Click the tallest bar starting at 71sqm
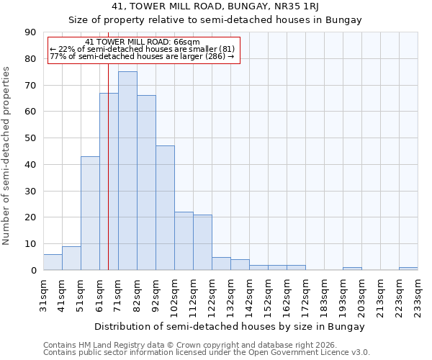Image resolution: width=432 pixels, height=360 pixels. (127, 171)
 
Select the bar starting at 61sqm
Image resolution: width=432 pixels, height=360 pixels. (109, 181)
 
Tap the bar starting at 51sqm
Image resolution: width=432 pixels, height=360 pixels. (90, 213)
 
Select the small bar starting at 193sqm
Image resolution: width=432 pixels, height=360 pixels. (352, 269)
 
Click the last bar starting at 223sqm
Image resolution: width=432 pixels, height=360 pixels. (408, 269)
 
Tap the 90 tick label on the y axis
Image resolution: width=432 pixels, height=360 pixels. (30, 32)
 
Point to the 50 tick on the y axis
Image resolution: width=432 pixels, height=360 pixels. (30, 138)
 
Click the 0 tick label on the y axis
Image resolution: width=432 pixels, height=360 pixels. (33, 271)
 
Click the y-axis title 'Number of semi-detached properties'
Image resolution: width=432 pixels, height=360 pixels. (7, 156)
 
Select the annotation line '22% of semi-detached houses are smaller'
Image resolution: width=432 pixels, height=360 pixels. (142, 49)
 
